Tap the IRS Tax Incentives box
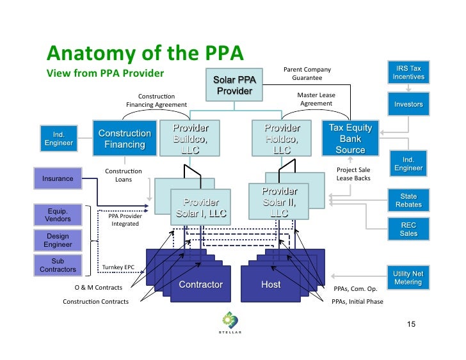pos(408,72)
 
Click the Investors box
pos(408,104)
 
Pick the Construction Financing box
pos(124,139)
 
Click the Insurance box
pos(58,179)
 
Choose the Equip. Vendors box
pos(58,214)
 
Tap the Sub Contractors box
pos(58,265)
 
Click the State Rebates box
pos(408,200)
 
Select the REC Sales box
pos(408,229)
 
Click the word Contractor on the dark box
pos(200,285)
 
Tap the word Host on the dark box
pos(271,285)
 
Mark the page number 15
pos(412,325)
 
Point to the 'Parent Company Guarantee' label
pos(307,74)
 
